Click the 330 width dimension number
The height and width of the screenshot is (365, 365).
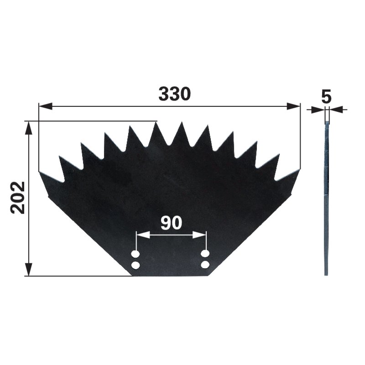tap(175, 94)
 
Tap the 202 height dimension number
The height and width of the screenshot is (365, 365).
tap(18, 198)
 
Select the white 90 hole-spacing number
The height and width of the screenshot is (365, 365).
tap(172, 223)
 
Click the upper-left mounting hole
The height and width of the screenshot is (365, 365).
tap(136, 254)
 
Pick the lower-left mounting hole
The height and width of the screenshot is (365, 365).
tap(136, 266)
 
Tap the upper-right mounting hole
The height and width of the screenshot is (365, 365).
tap(205, 254)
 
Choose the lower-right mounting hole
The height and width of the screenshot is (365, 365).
tap(205, 265)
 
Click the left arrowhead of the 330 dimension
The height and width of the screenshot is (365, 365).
tap(45, 106)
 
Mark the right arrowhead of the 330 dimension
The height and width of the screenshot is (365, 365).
tap(293, 106)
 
